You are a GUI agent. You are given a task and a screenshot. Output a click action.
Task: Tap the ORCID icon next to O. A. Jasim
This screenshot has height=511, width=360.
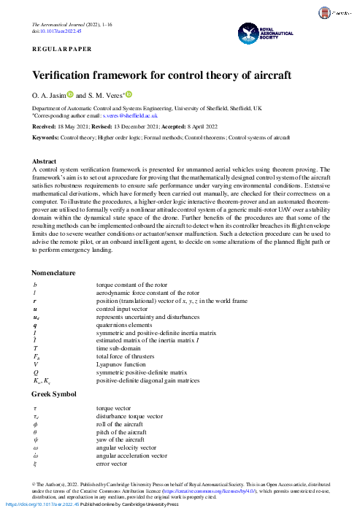point(70,94)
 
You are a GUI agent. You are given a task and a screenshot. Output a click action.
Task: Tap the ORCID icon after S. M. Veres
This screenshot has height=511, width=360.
point(129,94)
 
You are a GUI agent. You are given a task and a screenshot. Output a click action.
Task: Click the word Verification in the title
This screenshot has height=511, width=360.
point(61,75)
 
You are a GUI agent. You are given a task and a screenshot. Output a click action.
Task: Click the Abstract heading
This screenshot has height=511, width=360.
point(46,161)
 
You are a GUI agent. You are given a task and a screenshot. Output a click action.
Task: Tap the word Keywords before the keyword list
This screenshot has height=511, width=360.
point(45,137)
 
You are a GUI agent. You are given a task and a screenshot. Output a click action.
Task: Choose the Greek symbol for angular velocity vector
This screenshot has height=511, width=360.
point(35,447)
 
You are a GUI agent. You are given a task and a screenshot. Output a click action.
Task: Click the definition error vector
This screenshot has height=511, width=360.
point(112,464)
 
